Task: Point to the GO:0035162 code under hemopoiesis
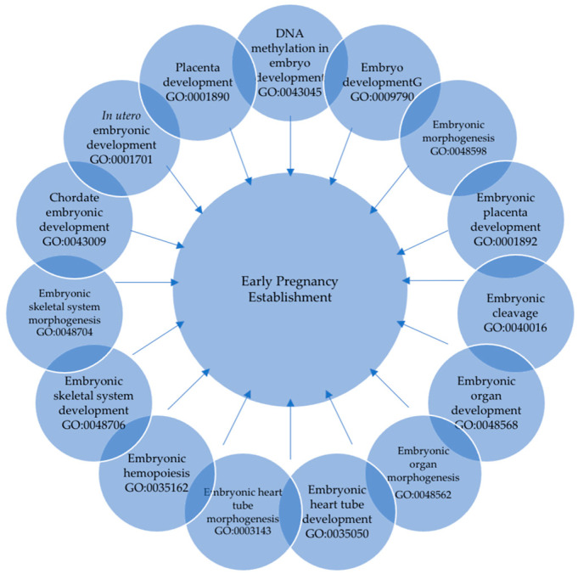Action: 154,488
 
